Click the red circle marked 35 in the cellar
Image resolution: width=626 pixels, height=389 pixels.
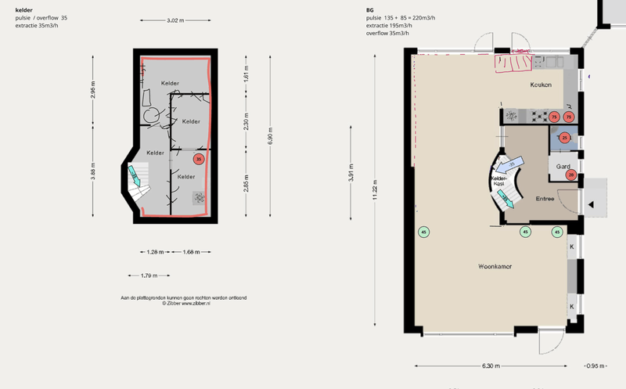pos(199,160)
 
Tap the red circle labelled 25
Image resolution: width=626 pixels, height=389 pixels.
pos(564,138)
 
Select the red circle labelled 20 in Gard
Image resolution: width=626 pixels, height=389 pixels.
pos(572,175)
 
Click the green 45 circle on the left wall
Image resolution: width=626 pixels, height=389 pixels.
pos(423,232)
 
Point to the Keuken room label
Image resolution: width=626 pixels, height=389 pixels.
pos(541,85)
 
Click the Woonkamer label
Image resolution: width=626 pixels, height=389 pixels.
pos(495,267)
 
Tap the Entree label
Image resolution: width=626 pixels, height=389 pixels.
pos(545,199)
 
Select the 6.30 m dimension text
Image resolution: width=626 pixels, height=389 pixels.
pos(491,366)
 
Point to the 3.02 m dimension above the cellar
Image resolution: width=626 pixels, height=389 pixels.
pos(175,20)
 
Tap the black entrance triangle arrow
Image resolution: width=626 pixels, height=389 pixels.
pos(592,205)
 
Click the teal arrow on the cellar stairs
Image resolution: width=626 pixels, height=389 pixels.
pos(137,180)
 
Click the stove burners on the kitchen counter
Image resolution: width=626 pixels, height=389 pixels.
pos(539,117)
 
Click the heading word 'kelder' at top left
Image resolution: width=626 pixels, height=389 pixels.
pos(24,9)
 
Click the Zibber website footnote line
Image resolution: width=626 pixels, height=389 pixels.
pos(183,304)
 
